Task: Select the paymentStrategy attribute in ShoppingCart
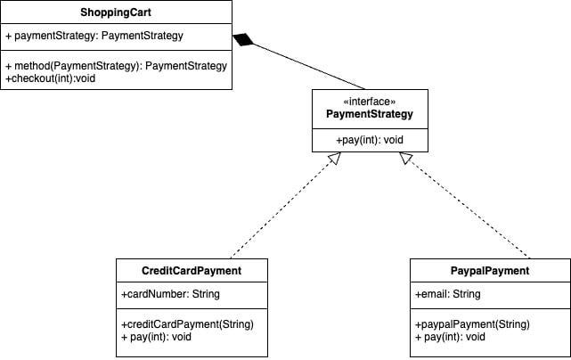click(x=94, y=37)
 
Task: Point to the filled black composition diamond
click(x=244, y=40)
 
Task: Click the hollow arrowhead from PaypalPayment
click(x=406, y=159)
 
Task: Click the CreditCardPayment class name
click(x=192, y=271)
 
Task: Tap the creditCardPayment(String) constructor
click(x=188, y=323)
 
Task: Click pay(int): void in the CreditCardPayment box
click(x=156, y=337)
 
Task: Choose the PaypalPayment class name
click(x=485, y=271)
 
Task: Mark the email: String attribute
click(x=448, y=294)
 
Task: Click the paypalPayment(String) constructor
click(x=473, y=323)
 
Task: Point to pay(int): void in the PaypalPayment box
click(x=451, y=337)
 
